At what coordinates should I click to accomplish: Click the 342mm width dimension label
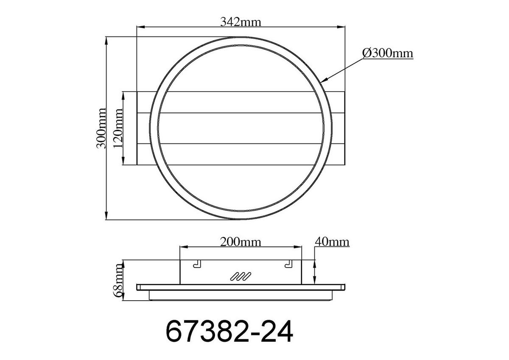coord(240,21)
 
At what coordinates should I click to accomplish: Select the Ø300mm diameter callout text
coord(388,53)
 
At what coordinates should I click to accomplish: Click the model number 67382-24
coord(229,332)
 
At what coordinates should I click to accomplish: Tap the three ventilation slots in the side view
coord(240,276)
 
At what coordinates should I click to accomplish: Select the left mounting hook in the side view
coord(197,264)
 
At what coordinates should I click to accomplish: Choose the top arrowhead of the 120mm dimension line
coord(123,95)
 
